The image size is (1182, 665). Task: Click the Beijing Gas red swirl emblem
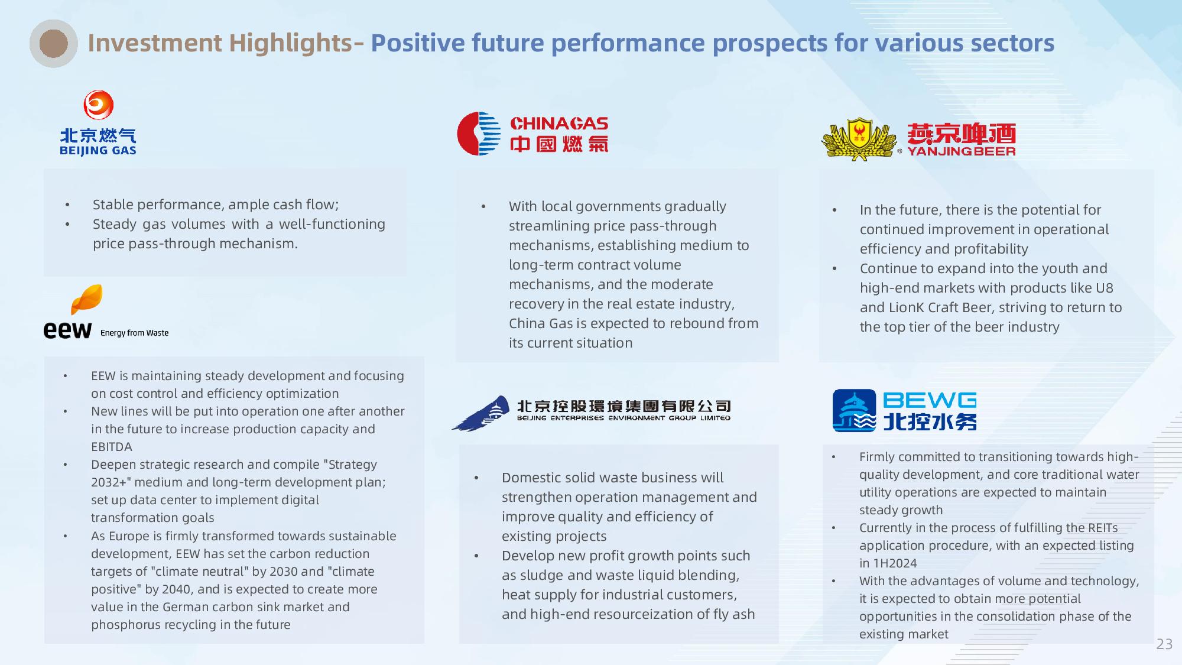point(98,105)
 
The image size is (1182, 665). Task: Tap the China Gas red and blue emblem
point(479,134)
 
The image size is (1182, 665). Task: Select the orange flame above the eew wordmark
point(87,300)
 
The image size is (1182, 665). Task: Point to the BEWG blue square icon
point(854,410)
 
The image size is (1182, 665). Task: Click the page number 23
point(1164,644)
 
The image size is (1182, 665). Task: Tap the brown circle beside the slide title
point(54,43)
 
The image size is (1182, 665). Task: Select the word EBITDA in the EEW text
point(112,447)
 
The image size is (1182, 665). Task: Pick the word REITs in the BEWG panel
point(1102,528)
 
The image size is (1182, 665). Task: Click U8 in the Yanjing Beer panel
point(1105,288)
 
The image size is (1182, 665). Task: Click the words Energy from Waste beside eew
point(135,333)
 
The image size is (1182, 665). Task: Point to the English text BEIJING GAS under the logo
point(98,150)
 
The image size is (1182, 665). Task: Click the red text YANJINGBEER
point(962,151)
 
